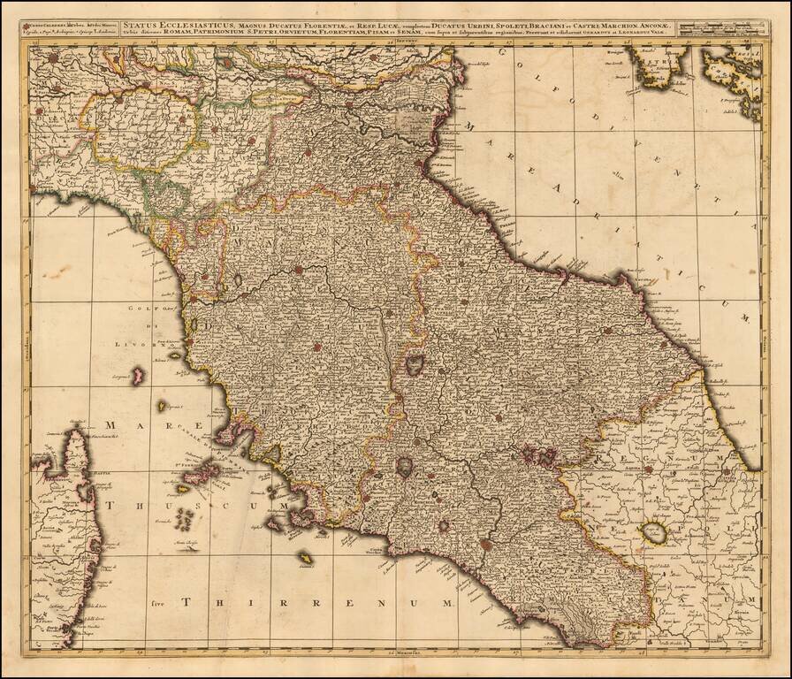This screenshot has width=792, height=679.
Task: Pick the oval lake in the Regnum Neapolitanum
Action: point(655,532)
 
